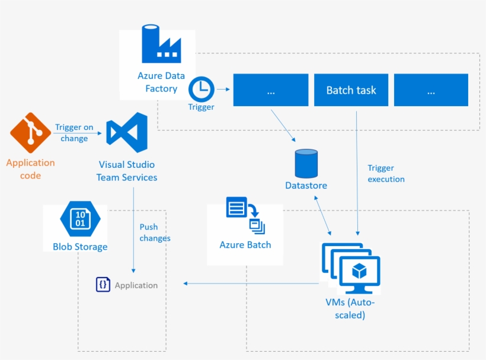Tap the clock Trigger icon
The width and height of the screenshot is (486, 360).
[202, 89]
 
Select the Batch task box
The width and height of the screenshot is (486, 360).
[351, 90]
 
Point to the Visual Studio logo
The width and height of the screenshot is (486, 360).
[127, 132]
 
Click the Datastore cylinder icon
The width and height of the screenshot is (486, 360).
[306, 163]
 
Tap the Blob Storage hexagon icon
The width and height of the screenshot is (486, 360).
[80, 219]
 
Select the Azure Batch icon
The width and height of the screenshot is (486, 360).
[245, 216]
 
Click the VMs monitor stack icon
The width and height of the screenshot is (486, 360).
[351, 267]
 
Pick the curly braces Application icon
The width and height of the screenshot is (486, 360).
[103, 285]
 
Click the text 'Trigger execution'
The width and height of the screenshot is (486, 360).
[386, 173]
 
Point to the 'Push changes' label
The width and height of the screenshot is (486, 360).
[155, 232]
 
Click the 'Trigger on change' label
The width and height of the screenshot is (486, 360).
[74, 132]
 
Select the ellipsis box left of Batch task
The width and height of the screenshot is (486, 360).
[271, 90]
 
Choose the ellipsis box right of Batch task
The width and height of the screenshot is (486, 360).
[431, 90]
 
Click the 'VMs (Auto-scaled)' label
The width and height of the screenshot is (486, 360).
[350, 308]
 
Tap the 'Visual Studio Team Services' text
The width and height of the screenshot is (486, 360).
[128, 171]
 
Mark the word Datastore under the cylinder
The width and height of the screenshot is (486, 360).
[306, 186]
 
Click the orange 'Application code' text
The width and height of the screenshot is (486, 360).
[30, 168]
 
